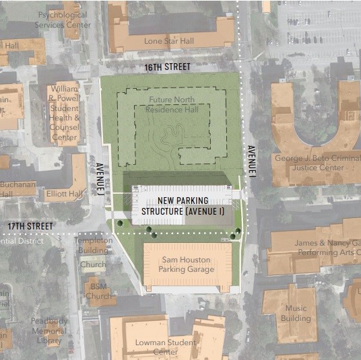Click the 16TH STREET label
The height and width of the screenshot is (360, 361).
click(168, 67)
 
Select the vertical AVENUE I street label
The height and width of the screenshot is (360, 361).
click(250, 161)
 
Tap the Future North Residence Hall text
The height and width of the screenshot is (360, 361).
click(172, 104)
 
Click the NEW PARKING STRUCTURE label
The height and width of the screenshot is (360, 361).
click(182, 206)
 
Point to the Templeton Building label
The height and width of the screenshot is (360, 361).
click(93, 245)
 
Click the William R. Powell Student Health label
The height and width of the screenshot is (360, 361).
click(65, 113)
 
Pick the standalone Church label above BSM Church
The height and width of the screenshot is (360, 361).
click(93, 264)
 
